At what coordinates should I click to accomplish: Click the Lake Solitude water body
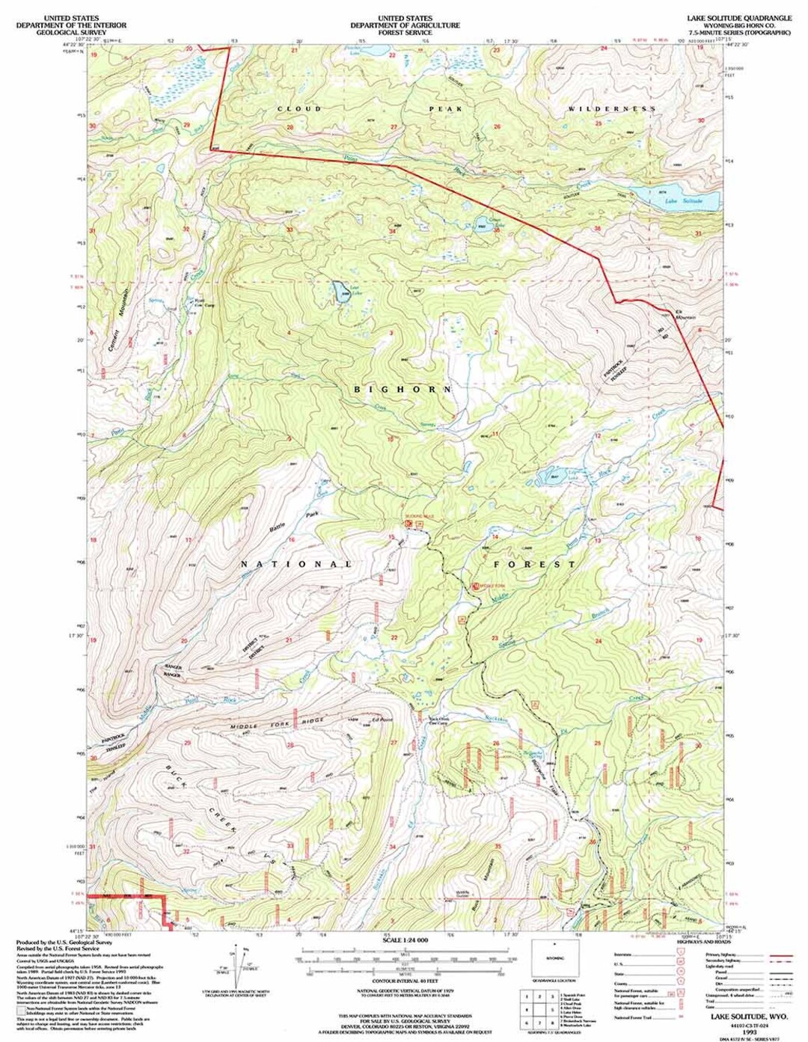[x=677, y=199]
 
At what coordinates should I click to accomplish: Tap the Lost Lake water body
[x=340, y=290]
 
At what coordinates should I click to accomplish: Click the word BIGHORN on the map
[x=403, y=389]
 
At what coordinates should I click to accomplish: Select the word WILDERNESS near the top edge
[x=612, y=109]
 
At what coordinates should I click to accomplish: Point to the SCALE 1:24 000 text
[x=405, y=940]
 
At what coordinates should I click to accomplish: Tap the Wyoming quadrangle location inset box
[x=554, y=957]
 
